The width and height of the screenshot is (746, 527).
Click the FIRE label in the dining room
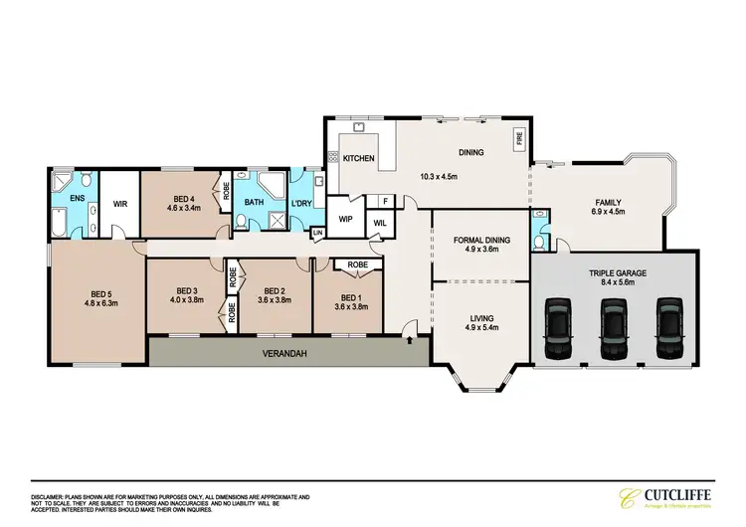click(517, 138)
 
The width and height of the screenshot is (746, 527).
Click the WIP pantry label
click(346, 218)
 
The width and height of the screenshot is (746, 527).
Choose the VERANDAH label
click(284, 352)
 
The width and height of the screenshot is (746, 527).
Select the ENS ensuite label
click(77, 198)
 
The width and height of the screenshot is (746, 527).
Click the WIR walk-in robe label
click(120, 203)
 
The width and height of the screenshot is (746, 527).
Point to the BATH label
click(255, 203)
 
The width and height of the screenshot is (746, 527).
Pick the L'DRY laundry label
click(301, 207)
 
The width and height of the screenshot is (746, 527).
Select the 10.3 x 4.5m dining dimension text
click(439, 176)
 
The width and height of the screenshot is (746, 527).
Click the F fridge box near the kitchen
click(385, 201)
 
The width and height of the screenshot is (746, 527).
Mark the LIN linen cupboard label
click(317, 233)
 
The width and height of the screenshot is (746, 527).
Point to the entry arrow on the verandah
click(411, 340)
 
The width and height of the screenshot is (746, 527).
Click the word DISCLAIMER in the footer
click(48, 494)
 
